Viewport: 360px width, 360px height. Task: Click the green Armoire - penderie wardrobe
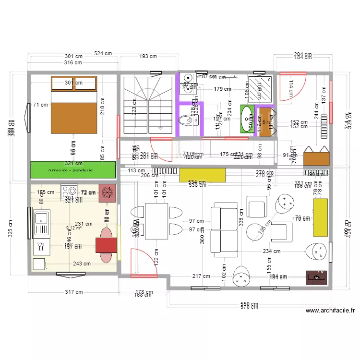pyautogui.click(x=73, y=170)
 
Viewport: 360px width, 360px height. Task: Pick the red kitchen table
pyautogui.click(x=107, y=245)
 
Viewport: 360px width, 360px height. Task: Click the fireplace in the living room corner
pyautogui.click(x=317, y=277)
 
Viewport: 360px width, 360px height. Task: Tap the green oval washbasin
pyautogui.click(x=248, y=119)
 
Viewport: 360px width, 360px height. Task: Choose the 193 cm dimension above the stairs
pyautogui.click(x=148, y=56)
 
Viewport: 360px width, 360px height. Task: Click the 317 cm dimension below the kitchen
pyautogui.click(x=74, y=292)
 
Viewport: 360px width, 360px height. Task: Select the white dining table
pyautogui.click(x=156, y=221)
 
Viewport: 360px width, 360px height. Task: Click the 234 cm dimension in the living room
pyautogui.click(x=271, y=251)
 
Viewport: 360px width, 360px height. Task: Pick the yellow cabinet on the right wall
pyautogui.click(x=320, y=217)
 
